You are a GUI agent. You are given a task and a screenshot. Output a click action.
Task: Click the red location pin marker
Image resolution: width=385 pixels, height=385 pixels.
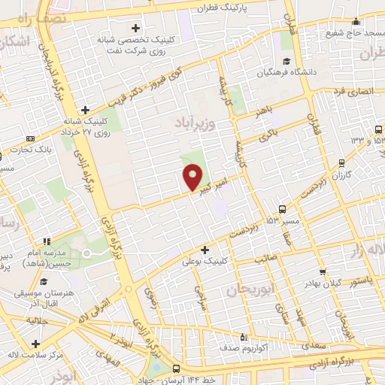[193, 177]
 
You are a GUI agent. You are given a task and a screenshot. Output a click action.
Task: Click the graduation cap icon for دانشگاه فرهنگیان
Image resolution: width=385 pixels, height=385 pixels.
[285, 62]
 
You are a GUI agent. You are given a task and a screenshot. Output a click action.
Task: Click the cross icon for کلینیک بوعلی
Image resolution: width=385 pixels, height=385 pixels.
[205, 249]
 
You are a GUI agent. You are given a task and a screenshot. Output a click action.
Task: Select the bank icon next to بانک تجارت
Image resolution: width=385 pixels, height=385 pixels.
[30, 138]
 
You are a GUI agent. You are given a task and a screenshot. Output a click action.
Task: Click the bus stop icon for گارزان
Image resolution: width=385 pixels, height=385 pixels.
[342, 162]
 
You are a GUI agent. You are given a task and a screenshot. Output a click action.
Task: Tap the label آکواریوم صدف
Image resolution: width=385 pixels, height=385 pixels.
[241, 348]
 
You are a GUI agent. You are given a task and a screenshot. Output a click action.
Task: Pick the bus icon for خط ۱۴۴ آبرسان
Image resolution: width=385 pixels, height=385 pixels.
[176, 369]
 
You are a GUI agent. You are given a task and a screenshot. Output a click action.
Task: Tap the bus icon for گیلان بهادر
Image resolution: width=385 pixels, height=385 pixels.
[323, 272]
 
